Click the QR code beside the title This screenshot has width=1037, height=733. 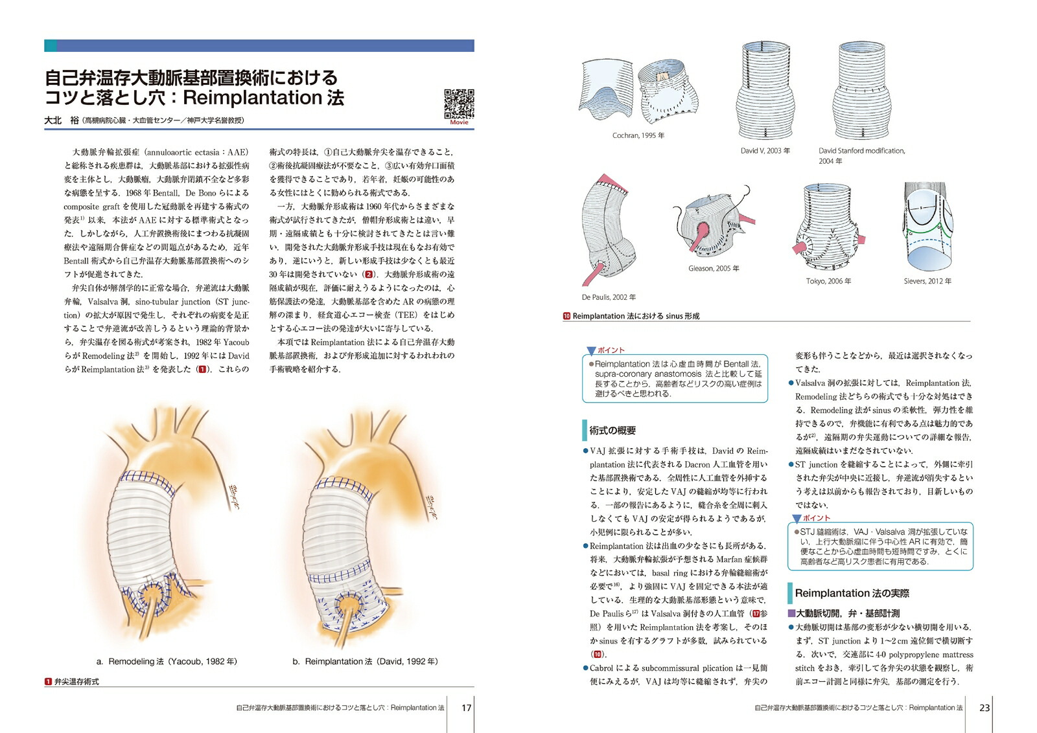click(x=459, y=104)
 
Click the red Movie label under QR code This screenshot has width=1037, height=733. click(x=459, y=122)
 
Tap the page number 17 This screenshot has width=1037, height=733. click(x=466, y=708)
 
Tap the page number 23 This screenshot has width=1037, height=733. click(x=984, y=708)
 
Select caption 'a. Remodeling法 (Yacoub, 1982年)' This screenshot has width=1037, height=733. click(x=167, y=661)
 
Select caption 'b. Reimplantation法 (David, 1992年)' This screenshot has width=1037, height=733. click(x=365, y=661)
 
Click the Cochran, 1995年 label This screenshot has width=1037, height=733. click(x=638, y=135)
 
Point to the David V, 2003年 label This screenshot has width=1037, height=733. click(x=765, y=150)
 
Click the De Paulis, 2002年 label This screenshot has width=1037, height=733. click(x=609, y=297)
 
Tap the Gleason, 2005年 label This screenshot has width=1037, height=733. click(x=714, y=268)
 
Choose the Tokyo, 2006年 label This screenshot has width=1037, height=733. click(x=828, y=281)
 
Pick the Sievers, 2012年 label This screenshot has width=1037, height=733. click(x=927, y=281)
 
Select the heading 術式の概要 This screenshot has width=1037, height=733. click(x=612, y=430)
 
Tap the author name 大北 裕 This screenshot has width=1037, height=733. click(x=61, y=120)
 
